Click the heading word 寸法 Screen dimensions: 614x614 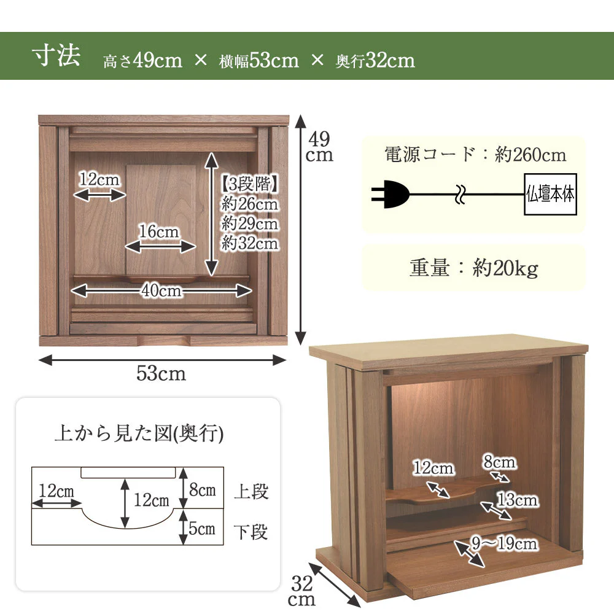pyautogui.click(x=56, y=56)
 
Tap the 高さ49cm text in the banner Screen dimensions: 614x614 pyautogui.click(x=142, y=61)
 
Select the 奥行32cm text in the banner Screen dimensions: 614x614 pyautogui.click(x=375, y=61)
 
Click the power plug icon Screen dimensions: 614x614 pyautogui.click(x=391, y=195)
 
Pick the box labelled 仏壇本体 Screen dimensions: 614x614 pyautogui.click(x=550, y=195)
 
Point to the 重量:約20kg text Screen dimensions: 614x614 pyautogui.click(x=473, y=268)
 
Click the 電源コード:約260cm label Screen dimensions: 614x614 pyautogui.click(x=475, y=154)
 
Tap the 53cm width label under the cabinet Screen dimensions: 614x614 pyautogui.click(x=161, y=373)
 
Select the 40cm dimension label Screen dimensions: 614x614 pyautogui.click(x=161, y=290)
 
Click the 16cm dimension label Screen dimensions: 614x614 pyautogui.click(x=159, y=232)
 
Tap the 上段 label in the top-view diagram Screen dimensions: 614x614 pyautogui.click(x=251, y=492)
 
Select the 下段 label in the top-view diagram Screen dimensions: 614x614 pyautogui.click(x=251, y=531)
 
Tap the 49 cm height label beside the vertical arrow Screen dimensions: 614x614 pyautogui.click(x=319, y=147)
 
